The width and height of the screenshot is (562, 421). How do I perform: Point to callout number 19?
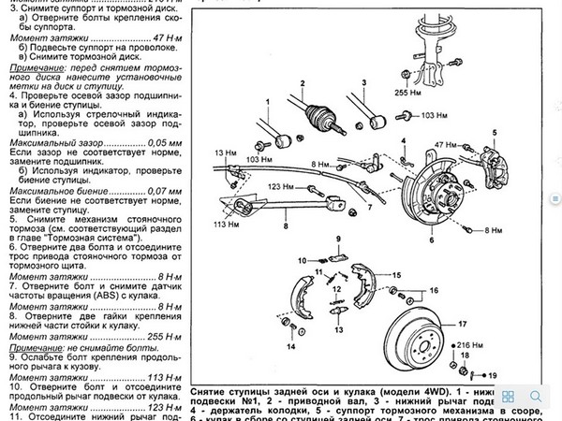tap(493, 374)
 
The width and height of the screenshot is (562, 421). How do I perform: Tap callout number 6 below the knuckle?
tap(432, 240)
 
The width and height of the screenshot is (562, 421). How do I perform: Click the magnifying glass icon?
tap(532, 396)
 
